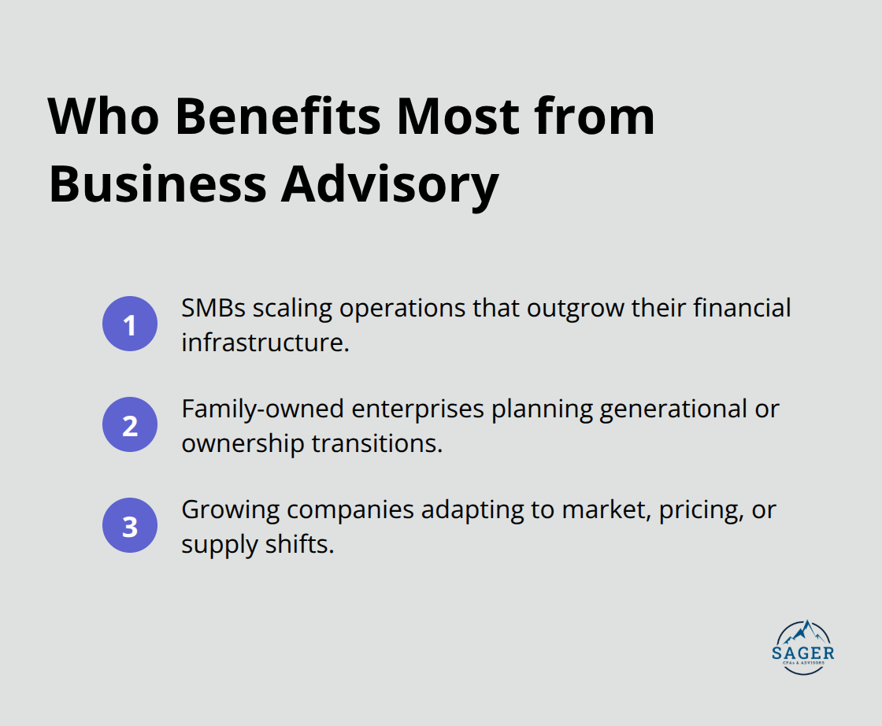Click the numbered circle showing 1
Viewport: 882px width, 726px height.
click(130, 324)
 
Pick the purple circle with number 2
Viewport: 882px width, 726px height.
click(130, 425)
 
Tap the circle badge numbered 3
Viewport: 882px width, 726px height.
click(130, 526)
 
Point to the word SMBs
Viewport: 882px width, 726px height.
click(213, 308)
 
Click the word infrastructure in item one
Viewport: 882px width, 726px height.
click(265, 343)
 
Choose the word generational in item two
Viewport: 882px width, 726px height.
click(669, 409)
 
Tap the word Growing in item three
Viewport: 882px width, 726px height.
click(230, 509)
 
